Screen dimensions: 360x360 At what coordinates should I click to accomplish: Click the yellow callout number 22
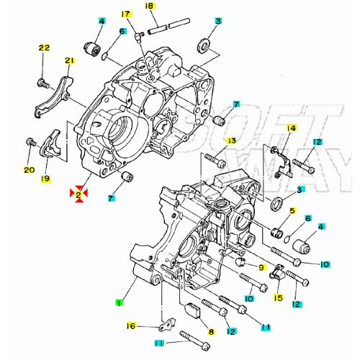click(44, 48)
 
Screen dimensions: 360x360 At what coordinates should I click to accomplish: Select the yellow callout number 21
click(70, 60)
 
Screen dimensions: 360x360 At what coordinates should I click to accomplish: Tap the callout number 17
click(126, 14)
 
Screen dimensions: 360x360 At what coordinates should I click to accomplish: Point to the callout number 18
click(150, 6)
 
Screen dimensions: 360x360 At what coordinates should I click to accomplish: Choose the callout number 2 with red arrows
click(77, 192)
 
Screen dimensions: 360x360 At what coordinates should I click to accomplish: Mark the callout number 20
click(29, 170)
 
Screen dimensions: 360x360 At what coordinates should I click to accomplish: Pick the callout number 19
click(45, 178)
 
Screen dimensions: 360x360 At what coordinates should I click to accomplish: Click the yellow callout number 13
click(232, 140)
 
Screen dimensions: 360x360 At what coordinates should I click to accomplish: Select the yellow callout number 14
click(292, 128)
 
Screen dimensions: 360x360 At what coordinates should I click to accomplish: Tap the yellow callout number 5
click(292, 211)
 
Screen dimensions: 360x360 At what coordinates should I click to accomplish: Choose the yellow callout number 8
click(211, 332)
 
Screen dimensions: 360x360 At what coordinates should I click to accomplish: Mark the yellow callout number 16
click(131, 326)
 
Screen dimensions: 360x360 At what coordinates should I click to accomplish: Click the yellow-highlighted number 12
click(230, 331)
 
